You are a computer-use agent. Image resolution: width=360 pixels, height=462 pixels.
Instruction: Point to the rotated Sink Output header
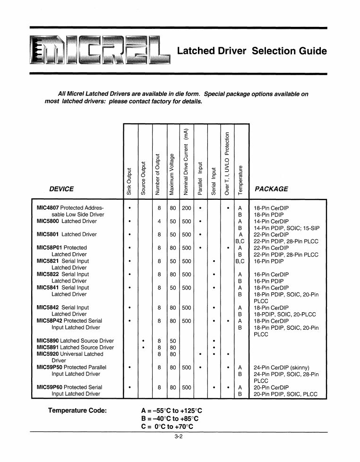[x=129, y=180]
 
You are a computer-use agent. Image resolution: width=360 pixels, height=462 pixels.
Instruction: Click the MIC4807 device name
[x=48, y=208]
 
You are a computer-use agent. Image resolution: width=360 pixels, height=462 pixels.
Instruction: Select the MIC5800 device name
[x=48, y=221]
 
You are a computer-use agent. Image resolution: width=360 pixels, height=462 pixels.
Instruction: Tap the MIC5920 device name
[x=48, y=354]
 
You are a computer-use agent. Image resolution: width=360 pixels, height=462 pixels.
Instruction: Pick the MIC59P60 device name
[x=50, y=387]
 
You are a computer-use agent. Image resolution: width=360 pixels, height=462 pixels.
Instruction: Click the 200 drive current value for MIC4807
[x=187, y=208]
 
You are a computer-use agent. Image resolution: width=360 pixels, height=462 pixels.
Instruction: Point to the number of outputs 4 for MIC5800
[x=160, y=221]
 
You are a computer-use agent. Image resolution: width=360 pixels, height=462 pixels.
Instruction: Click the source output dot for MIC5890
[x=144, y=341]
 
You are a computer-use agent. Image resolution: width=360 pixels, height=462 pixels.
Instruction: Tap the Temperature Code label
[x=77, y=410]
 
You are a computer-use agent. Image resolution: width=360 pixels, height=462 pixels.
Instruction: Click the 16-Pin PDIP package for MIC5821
[x=270, y=261]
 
